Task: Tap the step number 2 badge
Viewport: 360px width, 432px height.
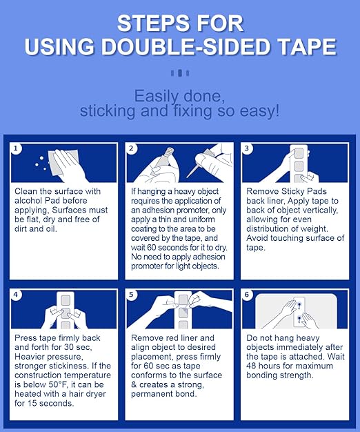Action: tap(131, 148)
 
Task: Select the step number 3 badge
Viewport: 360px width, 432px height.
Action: tap(246, 148)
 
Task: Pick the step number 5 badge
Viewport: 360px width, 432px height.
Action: tap(131, 295)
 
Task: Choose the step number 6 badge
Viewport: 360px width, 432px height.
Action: tap(246, 295)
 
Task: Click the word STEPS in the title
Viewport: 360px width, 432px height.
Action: tap(149, 23)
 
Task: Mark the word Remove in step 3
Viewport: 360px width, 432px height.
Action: tap(263, 191)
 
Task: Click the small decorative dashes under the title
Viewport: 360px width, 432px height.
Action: tap(179, 72)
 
